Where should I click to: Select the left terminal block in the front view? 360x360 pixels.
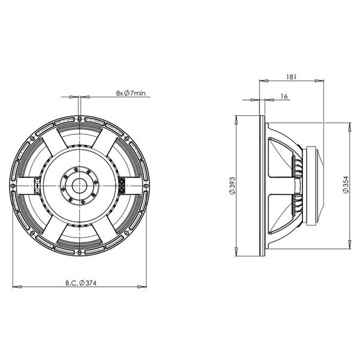click(x=37, y=185)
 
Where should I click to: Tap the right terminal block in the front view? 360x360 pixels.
click(x=122, y=185)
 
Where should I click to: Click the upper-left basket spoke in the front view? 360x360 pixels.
click(x=54, y=150)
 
